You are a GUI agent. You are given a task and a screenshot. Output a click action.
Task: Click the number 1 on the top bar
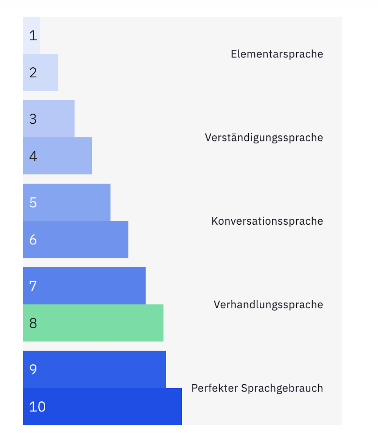coord(33,36)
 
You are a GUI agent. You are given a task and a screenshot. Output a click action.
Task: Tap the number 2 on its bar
coord(33,73)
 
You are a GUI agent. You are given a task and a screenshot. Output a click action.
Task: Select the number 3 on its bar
coord(33,119)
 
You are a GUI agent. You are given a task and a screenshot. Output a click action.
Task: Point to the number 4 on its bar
coord(33,156)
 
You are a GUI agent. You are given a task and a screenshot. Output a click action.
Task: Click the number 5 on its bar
coord(33,203)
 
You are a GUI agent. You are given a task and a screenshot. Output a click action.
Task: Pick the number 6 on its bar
coord(33,240)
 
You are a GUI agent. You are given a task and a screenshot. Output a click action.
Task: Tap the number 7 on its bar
coord(33,286)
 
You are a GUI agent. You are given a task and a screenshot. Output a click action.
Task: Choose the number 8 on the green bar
coord(33,323)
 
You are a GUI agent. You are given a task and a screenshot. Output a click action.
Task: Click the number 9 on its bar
coord(33,370)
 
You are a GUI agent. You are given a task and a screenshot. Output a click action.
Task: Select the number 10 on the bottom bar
coord(37,407)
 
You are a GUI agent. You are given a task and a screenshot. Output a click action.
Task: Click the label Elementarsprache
coord(277,54)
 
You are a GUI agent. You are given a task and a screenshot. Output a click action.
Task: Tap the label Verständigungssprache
coord(264,138)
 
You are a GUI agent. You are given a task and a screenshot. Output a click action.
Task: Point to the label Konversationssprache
coord(267,221)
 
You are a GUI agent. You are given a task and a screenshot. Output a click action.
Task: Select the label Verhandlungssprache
coord(268,305)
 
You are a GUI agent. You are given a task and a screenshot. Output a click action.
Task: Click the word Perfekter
coord(214,388)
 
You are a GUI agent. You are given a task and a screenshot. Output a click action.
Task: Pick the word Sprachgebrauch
coord(282,389)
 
